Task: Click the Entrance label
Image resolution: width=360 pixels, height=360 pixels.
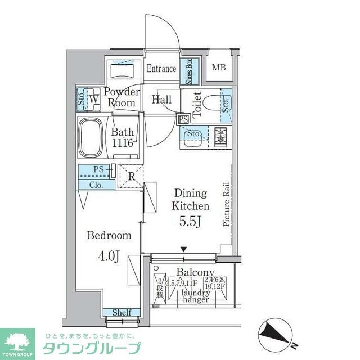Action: (x=162, y=69)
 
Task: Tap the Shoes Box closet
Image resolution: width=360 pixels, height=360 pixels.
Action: (x=189, y=71)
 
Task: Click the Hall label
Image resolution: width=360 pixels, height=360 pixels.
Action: (x=162, y=100)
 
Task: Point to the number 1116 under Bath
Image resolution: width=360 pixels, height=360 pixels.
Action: (x=122, y=143)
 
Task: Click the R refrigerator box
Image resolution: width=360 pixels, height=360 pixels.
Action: (x=130, y=175)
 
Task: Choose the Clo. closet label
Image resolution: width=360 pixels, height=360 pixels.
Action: (x=94, y=184)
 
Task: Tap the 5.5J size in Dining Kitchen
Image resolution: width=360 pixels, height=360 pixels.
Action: (x=188, y=221)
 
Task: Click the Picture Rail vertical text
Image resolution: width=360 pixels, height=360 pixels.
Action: (x=226, y=204)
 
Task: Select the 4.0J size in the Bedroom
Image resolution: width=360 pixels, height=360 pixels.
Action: (x=110, y=256)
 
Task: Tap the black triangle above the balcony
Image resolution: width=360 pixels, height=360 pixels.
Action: (x=183, y=249)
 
